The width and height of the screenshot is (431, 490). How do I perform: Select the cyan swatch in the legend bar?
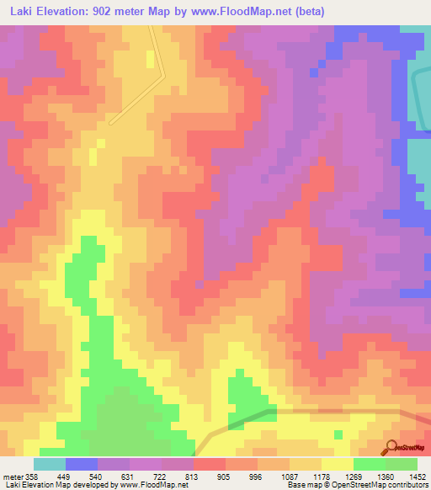[x=49, y=464]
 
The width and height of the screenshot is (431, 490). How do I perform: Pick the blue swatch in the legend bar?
[x=81, y=464]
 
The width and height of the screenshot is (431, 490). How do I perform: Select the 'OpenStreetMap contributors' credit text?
[x=382, y=485]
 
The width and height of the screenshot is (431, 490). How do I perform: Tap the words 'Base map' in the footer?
[x=300, y=485]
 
